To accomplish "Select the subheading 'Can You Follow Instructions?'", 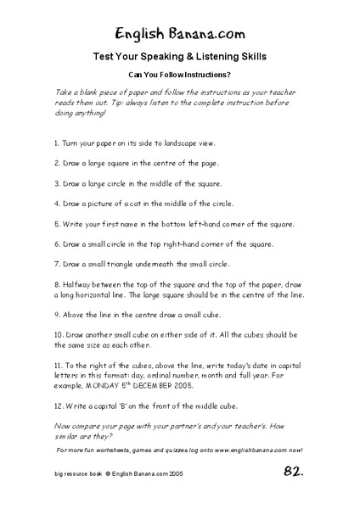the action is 180,75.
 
